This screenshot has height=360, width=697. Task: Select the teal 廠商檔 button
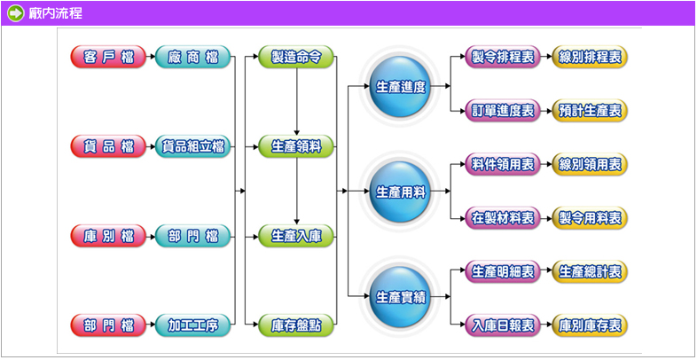point(192,58)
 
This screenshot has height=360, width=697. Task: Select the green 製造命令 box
point(296,58)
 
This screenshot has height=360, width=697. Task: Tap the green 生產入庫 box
point(296,236)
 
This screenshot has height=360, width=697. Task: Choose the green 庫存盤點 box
point(296,325)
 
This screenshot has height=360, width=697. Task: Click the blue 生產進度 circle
point(401,87)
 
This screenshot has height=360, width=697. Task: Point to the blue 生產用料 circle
point(401,192)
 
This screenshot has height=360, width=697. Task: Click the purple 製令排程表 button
point(503,58)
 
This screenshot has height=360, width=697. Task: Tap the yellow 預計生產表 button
point(590,111)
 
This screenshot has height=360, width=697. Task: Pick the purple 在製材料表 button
point(503,217)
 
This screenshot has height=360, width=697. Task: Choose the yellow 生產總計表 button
point(590,271)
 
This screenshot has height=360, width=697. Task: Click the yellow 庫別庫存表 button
point(590,325)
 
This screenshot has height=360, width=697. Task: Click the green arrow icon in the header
point(16,13)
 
